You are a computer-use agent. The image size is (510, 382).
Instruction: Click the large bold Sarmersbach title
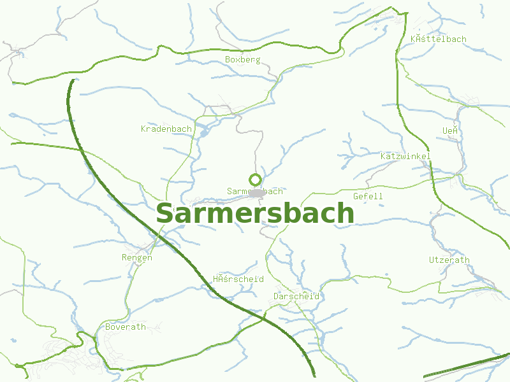point(254,214)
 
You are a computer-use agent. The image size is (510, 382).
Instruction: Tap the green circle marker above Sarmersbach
point(255,180)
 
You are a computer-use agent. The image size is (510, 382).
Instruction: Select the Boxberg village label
point(243,60)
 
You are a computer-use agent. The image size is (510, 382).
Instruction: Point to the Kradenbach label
point(166,129)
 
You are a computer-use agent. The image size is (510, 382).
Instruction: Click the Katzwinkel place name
point(405,157)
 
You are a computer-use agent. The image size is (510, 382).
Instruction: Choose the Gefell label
point(368,197)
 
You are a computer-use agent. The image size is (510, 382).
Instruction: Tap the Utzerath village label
point(449,260)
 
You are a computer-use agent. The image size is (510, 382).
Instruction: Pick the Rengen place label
point(137,258)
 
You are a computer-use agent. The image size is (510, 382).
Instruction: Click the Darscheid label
point(296,297)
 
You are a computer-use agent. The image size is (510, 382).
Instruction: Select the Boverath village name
point(126,327)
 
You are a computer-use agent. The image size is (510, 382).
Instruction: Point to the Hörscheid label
point(238,279)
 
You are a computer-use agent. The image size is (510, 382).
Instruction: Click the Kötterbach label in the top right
point(439,39)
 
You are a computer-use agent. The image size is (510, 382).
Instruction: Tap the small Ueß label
point(451,131)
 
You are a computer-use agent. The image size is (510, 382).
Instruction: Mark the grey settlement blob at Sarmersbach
point(257,192)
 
